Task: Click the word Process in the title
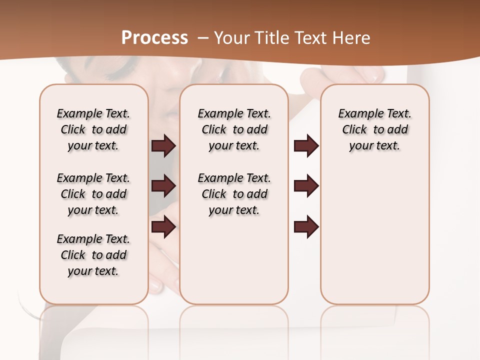pyautogui.click(x=154, y=37)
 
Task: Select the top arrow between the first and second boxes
pyautogui.click(x=163, y=145)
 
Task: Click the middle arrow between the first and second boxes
pyautogui.click(x=163, y=186)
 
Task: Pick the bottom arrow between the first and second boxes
pyautogui.click(x=163, y=226)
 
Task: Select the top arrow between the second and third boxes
pyautogui.click(x=306, y=145)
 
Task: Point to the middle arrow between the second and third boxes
pyautogui.click(x=306, y=186)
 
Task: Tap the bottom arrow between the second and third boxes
pyautogui.click(x=306, y=226)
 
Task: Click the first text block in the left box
pyautogui.click(x=93, y=129)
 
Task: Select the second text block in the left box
pyautogui.click(x=93, y=194)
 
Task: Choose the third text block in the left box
pyautogui.click(x=93, y=255)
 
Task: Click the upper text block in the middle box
pyautogui.click(x=234, y=129)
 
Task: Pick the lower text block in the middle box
pyautogui.click(x=234, y=194)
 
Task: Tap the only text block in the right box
pyautogui.click(x=374, y=129)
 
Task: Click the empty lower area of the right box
pyautogui.click(x=374, y=240)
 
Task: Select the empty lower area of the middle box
pyautogui.click(x=234, y=260)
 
